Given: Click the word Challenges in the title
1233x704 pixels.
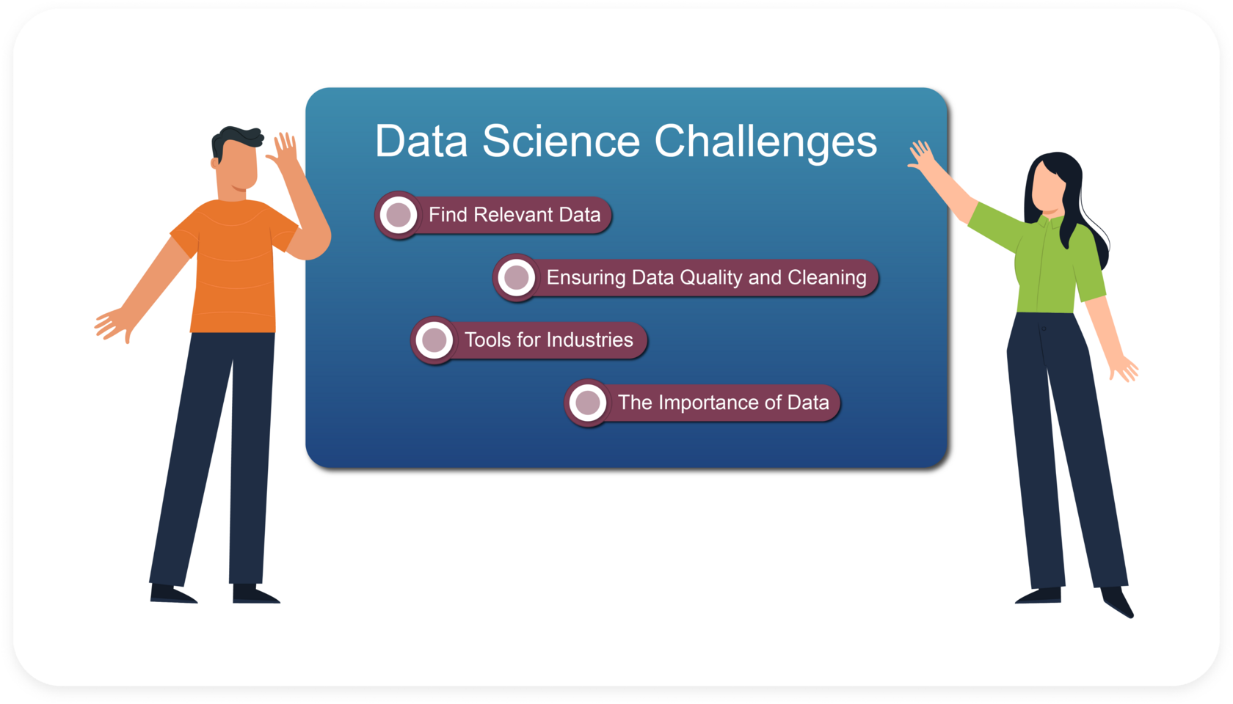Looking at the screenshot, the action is [765, 143].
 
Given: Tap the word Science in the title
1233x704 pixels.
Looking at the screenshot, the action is [561, 141].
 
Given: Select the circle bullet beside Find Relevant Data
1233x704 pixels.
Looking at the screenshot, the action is [398, 214].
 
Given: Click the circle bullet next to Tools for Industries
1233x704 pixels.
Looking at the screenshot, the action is [434, 340].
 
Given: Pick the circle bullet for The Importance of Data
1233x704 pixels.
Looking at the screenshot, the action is [587, 403].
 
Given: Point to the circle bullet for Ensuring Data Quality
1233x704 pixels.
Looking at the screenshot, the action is [516, 277].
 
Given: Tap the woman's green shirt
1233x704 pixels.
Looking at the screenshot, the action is [1041, 258].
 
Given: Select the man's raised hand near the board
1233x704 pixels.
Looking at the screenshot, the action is [283, 150].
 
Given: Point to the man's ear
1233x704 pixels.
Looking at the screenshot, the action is [214, 164].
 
